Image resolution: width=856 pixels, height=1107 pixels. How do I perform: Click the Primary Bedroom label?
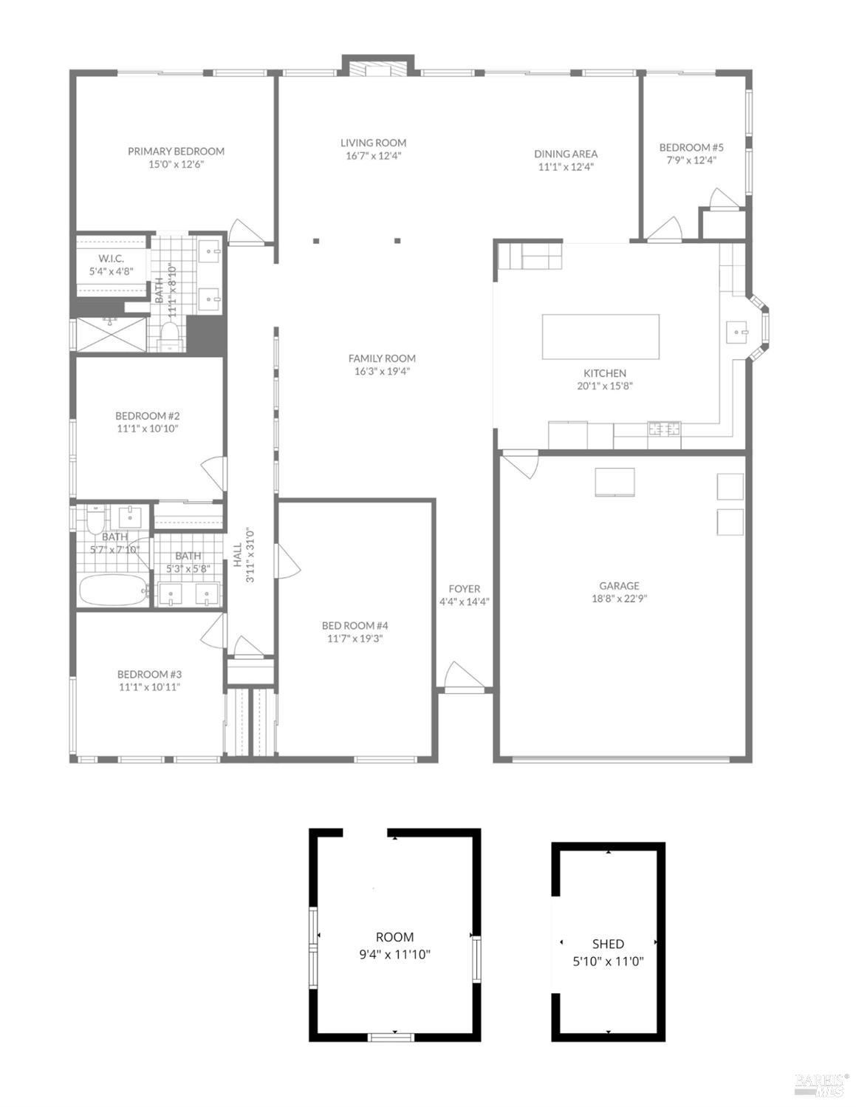click(176, 151)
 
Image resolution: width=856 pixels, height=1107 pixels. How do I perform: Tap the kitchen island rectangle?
click(600, 337)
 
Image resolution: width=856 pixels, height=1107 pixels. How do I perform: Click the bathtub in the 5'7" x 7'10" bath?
click(112, 590)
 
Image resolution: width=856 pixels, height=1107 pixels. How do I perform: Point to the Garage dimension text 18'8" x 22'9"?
click(619, 599)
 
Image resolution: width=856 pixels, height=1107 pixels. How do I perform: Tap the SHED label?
click(608, 944)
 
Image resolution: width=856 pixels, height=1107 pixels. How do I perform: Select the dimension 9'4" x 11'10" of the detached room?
click(394, 954)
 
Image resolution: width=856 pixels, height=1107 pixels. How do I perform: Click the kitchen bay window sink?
click(737, 332)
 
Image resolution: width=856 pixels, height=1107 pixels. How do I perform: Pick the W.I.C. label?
click(111, 258)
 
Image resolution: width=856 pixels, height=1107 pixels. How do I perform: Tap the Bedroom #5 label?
click(691, 147)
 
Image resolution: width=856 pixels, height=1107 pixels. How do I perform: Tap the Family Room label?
click(382, 358)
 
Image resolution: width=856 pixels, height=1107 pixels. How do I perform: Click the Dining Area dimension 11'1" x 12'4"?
click(566, 167)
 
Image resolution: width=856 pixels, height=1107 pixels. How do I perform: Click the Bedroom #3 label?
click(149, 674)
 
